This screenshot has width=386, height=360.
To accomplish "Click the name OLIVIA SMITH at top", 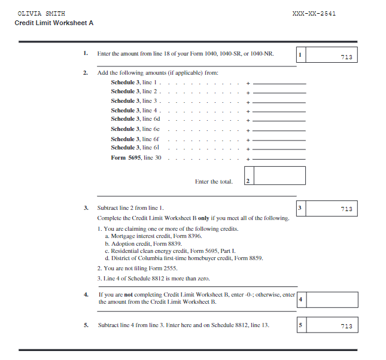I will [x=42, y=13].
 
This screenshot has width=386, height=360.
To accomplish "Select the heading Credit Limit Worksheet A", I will [x=54, y=23].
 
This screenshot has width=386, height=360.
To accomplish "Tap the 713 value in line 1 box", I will [x=346, y=57].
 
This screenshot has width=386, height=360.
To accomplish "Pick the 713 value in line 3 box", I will [x=346, y=209].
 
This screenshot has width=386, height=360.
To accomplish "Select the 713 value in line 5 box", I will [x=346, y=326].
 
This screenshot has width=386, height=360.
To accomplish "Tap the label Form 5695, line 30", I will [x=136, y=158].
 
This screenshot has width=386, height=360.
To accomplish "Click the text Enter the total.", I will [x=214, y=182].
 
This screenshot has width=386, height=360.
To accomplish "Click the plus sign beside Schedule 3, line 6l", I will [x=247, y=149].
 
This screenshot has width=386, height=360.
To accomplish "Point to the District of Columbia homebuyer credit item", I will [x=183, y=258].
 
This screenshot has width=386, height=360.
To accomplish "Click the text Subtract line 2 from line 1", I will [x=131, y=208].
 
